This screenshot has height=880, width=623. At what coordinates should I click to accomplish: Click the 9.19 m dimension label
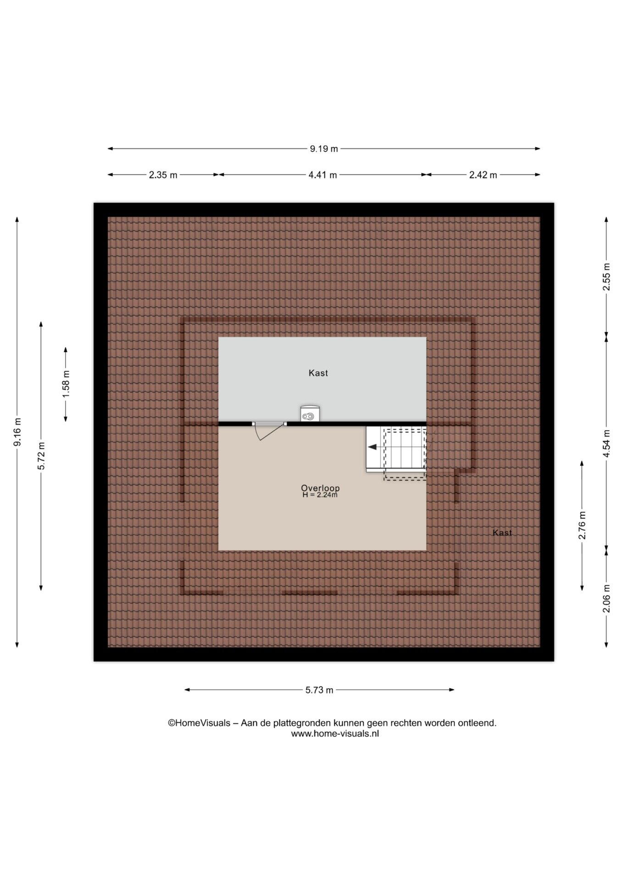coord(324,148)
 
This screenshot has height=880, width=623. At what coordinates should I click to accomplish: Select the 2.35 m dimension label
coord(163,175)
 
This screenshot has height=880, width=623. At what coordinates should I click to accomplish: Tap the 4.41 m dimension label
coord(323,175)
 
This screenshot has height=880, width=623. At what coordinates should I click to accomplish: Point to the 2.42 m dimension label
coord(483,175)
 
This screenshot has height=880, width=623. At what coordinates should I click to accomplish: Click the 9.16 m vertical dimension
coord(17,432)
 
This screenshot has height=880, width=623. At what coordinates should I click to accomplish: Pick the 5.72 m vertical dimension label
coord(41,456)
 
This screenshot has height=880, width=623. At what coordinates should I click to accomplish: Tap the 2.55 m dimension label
coord(606,276)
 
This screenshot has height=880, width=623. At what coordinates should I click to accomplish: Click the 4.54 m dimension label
coord(606,443)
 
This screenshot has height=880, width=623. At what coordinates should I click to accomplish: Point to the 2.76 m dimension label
coord(582,525)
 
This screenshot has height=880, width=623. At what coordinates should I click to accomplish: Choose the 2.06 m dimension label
coord(606,598)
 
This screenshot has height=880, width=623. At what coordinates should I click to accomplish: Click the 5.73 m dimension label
coord(319,690)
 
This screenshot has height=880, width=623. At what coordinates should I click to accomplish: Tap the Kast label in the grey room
coord(318,373)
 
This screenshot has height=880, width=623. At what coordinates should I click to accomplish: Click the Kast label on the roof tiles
coord(502,533)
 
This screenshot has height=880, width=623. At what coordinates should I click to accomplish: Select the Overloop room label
coord(320,488)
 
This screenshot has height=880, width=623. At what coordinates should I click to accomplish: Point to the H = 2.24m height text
coord(320,495)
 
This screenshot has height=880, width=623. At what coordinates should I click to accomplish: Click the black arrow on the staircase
coord(372,447)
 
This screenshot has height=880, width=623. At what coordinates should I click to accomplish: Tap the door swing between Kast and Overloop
coord(266,431)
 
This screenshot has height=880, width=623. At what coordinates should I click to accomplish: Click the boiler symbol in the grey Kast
coord(310,413)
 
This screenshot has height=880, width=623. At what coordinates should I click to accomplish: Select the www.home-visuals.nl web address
coord(335,733)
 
